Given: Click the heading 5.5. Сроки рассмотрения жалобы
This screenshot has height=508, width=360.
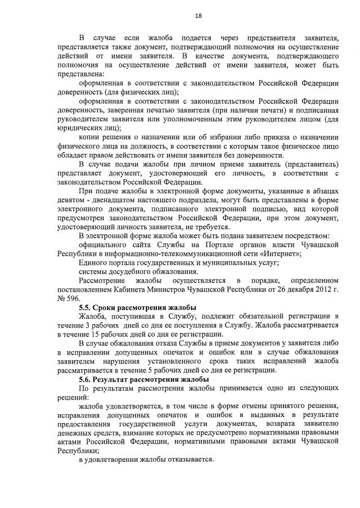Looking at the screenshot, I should pyautogui.click(x=137, y=307).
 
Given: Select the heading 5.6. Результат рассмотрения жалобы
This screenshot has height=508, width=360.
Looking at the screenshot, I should pyautogui.click(x=144, y=379).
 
